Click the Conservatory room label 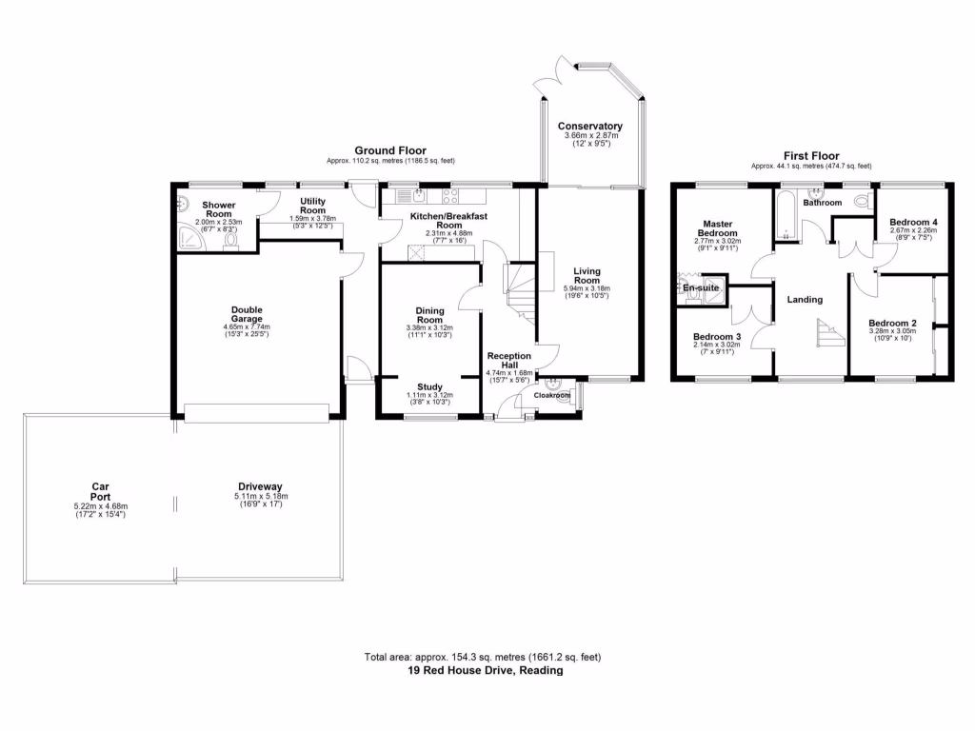pyautogui.click(x=589, y=127)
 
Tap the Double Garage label pyautogui.click(x=246, y=315)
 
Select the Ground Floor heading pyautogui.click(x=390, y=150)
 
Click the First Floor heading pyautogui.click(x=810, y=154)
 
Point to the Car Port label pyautogui.click(x=101, y=491)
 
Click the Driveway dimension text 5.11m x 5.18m pyautogui.click(x=260, y=496)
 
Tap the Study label pyautogui.click(x=429, y=386)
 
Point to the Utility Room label pyautogui.click(x=313, y=207)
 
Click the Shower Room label pyautogui.click(x=218, y=210)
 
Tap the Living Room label pyautogui.click(x=587, y=275)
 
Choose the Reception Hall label pyautogui.click(x=508, y=361)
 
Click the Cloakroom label pyautogui.click(x=551, y=395)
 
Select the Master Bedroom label pyautogui.click(x=717, y=227)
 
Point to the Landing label pyautogui.click(x=805, y=299)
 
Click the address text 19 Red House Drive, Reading pyautogui.click(x=487, y=670)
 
